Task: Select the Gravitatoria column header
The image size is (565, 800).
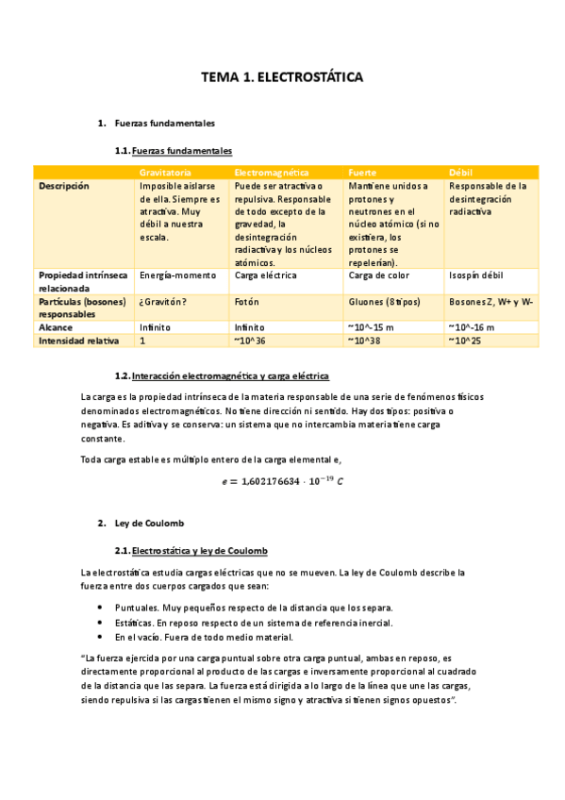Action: click(x=166, y=174)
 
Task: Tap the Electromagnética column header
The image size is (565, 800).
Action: click(x=272, y=174)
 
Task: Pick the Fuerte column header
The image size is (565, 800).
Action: click(x=363, y=174)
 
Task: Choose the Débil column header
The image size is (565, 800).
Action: click(x=462, y=174)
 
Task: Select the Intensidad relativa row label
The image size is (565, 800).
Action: click(x=77, y=341)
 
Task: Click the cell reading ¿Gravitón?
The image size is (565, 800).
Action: click(x=162, y=302)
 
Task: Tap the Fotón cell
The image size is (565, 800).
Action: click(x=248, y=302)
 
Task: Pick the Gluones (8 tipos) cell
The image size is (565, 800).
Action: click(x=384, y=302)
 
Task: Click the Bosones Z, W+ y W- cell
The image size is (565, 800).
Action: click(x=491, y=302)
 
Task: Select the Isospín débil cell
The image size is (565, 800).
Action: click(x=476, y=275)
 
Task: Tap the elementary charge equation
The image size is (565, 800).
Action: click(x=282, y=482)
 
